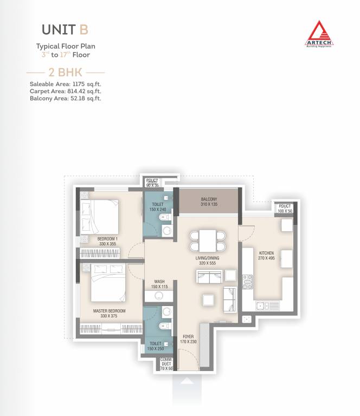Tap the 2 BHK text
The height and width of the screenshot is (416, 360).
pyautogui.click(x=65, y=71)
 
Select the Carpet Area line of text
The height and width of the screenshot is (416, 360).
pyautogui.click(x=65, y=92)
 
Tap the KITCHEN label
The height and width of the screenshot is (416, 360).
pyautogui.click(x=266, y=253)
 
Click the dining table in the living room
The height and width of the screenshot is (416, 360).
pyautogui.click(x=207, y=239)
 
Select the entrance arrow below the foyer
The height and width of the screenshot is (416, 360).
pyautogui.click(x=186, y=381)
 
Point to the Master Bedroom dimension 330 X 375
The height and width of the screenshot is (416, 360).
pyautogui.click(x=109, y=316)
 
